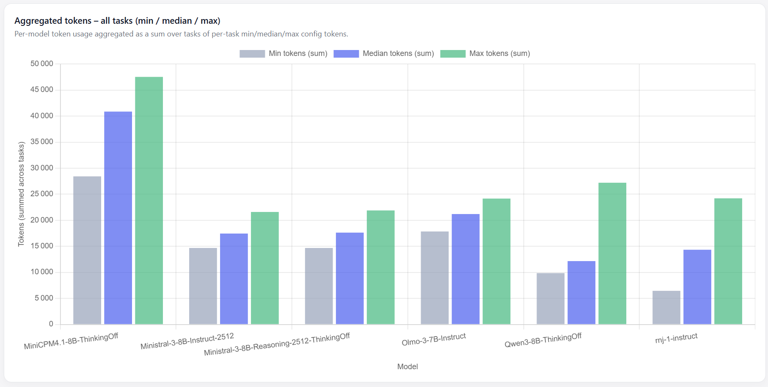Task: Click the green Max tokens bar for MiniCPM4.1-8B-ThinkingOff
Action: (x=149, y=200)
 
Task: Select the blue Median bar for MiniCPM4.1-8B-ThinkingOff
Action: (x=118, y=218)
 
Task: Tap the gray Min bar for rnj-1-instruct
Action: (x=666, y=307)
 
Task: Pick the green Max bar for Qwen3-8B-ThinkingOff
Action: (x=612, y=253)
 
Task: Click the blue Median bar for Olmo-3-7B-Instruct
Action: (x=465, y=269)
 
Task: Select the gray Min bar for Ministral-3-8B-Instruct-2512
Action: (x=203, y=286)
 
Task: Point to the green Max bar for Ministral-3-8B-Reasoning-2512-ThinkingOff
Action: (x=381, y=267)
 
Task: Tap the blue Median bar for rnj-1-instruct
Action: (x=697, y=287)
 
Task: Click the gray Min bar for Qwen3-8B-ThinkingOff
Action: (x=551, y=298)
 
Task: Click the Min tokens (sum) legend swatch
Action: (x=252, y=54)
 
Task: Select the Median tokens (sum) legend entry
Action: (x=384, y=54)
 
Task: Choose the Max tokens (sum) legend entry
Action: (x=485, y=54)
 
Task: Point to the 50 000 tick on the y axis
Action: (x=42, y=64)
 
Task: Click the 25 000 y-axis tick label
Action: (x=42, y=194)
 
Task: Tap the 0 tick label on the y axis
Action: (x=51, y=324)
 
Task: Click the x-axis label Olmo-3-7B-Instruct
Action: (x=434, y=339)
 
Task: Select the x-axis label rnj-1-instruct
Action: (x=676, y=338)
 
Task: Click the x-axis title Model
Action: (x=407, y=367)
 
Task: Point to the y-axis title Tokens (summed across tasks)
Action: (x=21, y=194)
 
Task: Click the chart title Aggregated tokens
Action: (x=53, y=21)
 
